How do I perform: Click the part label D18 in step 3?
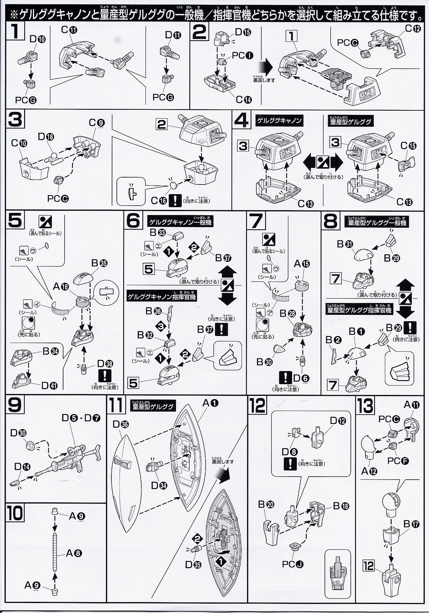(x=46, y=137)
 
